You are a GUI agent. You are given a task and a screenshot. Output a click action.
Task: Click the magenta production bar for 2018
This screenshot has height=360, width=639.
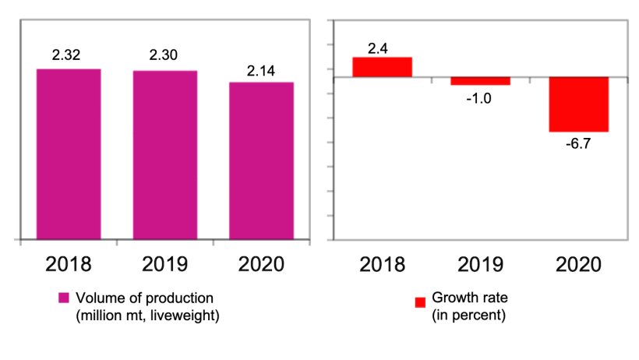[69, 154]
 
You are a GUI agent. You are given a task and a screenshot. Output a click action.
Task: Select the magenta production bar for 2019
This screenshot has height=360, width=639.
[164, 154]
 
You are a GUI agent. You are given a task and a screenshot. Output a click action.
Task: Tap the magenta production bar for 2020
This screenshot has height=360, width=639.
[261, 161]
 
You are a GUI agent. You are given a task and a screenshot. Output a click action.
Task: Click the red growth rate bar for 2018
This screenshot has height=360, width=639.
[382, 67]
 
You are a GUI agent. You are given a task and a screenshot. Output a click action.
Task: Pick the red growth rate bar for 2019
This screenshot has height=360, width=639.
[480, 81]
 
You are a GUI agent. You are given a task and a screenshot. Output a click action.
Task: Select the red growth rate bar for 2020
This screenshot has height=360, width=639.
[579, 104]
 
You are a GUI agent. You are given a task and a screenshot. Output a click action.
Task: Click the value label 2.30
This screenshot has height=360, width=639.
[164, 58]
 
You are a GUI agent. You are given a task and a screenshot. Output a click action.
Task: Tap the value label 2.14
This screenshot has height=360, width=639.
[261, 70]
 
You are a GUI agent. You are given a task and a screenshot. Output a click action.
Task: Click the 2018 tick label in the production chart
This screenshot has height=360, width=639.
[69, 263]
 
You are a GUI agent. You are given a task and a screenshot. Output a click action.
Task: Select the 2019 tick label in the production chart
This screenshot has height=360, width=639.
[164, 263]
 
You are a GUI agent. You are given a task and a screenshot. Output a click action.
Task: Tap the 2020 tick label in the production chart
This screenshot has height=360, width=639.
[261, 263]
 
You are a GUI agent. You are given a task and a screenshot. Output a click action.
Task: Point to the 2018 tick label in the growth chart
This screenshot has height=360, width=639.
[382, 263]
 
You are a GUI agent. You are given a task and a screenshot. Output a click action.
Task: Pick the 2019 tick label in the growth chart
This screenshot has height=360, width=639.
[480, 263]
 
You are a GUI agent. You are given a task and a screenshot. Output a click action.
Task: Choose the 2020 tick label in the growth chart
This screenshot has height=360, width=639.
[579, 263]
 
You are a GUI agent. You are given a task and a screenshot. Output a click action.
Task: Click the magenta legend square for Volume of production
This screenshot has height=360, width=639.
[64, 299]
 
